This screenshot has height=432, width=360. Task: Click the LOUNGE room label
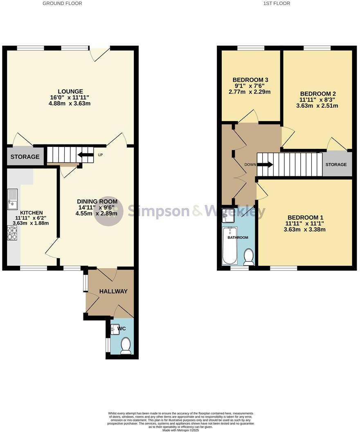click(x=70, y=91)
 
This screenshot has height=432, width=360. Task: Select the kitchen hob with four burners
click(x=12, y=232)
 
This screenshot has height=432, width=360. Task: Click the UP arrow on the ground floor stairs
click(x=85, y=155)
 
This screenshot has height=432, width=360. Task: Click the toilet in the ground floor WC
click(x=126, y=346)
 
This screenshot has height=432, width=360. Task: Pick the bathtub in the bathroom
click(x=229, y=246)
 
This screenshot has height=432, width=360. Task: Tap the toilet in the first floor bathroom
click(x=248, y=256)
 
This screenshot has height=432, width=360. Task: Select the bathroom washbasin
click(x=228, y=214)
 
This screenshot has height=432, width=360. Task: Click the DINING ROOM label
click(x=97, y=201)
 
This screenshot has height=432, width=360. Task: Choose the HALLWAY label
click(x=113, y=291)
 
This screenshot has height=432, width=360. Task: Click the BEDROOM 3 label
click(x=250, y=79)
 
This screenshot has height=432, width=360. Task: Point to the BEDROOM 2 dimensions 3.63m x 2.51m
click(x=319, y=106)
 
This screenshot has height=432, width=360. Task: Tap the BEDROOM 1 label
click(x=305, y=217)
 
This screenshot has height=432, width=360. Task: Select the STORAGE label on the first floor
click(x=336, y=164)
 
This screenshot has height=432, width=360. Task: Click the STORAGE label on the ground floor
click(x=25, y=157)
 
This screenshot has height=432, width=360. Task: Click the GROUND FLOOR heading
click(x=62, y=3)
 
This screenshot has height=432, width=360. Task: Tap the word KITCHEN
click(x=32, y=213)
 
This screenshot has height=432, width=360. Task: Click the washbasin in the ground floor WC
click(x=114, y=328)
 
